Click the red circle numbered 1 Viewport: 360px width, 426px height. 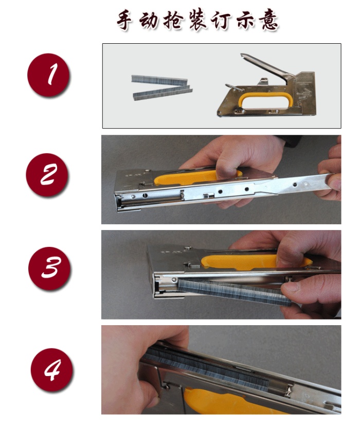pos(48,75)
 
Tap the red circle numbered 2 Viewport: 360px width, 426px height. pos(47,174)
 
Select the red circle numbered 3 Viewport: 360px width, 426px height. pos(49,268)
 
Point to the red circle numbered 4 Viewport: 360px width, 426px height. pos(51,370)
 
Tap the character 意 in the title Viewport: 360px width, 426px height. pos(269,20)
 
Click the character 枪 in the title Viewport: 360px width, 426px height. pos(173,20)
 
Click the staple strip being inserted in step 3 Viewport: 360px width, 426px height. pos(234,292)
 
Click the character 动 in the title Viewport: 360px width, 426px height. pos(149,20)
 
